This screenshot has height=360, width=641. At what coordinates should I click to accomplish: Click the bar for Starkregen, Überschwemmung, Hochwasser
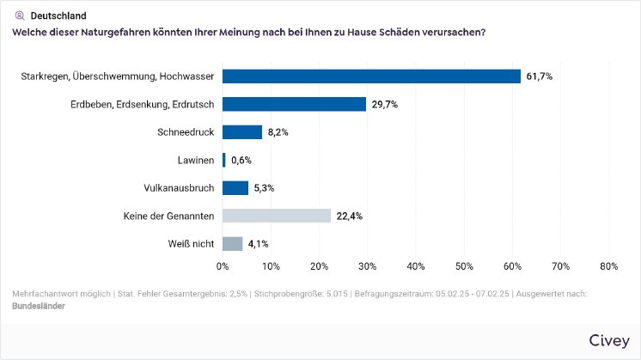371,76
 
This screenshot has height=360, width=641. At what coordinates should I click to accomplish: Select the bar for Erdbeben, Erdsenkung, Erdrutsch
294,104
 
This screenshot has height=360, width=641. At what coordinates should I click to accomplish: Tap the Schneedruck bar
242,132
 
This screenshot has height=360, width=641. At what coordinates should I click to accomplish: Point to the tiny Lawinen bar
224,160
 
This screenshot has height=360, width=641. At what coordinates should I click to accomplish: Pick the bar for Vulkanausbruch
235,187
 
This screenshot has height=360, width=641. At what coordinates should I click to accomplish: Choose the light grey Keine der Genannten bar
277,216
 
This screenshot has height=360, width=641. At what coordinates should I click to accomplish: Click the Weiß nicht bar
233,243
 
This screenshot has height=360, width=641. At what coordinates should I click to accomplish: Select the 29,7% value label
384,104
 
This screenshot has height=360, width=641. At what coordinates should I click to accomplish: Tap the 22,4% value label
349,216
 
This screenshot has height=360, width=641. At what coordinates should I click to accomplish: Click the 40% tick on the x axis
416,266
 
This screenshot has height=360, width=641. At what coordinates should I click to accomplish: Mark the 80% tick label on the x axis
608,266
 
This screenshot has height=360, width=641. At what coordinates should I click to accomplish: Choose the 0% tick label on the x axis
223,266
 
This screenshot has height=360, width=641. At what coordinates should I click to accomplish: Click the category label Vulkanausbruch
179,187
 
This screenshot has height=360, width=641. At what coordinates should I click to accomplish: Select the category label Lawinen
194,160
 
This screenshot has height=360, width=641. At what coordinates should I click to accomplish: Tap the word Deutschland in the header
58,15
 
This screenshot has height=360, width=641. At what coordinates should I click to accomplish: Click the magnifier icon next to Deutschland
20,15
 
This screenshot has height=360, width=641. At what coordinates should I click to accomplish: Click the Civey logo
609,340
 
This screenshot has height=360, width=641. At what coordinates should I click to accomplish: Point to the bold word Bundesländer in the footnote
40,305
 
